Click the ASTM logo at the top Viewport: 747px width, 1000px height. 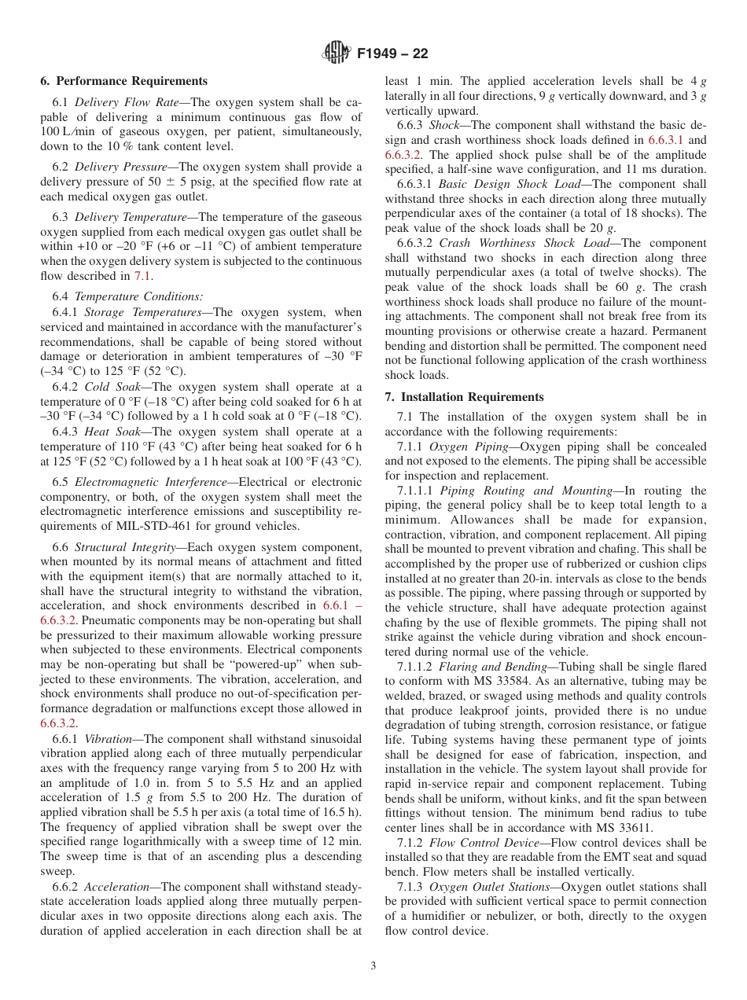336,53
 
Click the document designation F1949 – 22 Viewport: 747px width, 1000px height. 392,54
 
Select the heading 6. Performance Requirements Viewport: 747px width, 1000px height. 123,81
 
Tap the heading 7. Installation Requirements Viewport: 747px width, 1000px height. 464,397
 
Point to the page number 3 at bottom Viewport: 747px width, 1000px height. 373,966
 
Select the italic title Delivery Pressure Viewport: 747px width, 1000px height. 120,167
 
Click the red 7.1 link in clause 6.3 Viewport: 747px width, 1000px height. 142,276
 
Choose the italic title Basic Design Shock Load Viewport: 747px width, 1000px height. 511,184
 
